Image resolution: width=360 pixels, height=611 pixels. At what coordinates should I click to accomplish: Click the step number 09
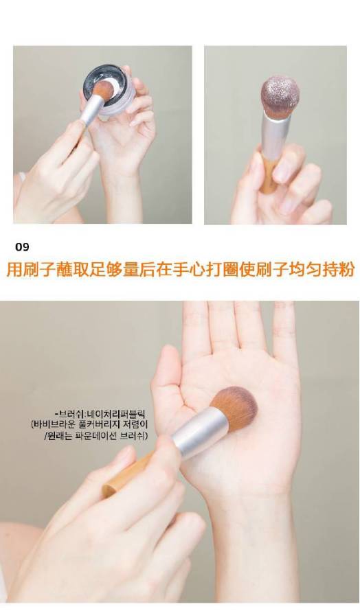pos(22,247)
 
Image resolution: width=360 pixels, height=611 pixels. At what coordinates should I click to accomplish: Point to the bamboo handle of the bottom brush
pos(128,474)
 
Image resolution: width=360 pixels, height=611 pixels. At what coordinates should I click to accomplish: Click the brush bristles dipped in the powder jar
pos(103,90)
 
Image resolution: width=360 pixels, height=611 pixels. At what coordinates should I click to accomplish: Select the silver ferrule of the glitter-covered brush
pos(277,132)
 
